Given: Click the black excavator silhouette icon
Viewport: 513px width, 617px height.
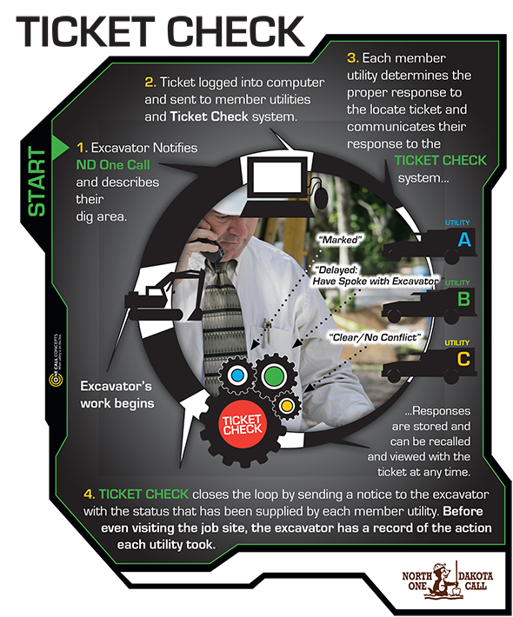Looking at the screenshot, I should coord(161,291).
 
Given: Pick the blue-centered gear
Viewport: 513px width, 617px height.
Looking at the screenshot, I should coord(235,375).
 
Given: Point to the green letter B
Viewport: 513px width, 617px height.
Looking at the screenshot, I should coord(464,300).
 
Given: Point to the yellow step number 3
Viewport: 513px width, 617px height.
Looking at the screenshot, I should coord(352,58).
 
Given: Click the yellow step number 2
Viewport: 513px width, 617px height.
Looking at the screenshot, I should coord(150,83).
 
